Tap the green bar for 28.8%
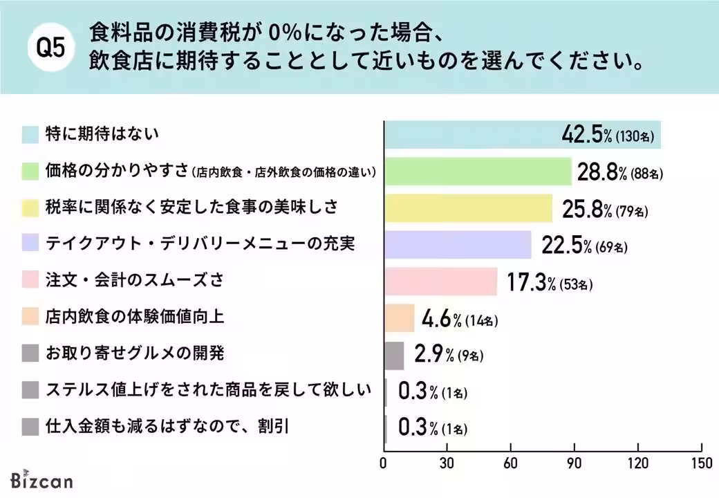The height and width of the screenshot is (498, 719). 477,172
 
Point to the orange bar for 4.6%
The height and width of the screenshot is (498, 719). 399,318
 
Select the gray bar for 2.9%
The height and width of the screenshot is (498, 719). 393,355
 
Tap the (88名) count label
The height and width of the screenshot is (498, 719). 646,174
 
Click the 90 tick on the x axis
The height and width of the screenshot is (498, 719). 575,463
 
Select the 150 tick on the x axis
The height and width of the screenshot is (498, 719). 701,463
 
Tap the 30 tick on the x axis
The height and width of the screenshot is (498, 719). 447,463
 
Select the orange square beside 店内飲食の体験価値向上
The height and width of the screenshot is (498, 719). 30,317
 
